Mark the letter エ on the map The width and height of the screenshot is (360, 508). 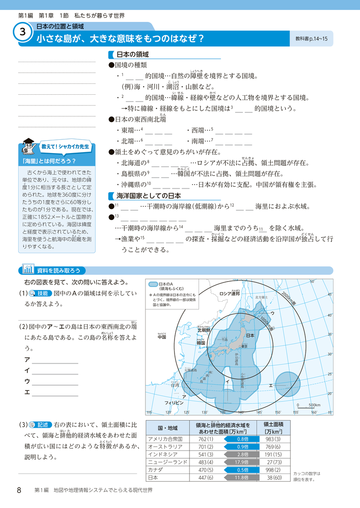pyautogui.click(x=270, y=385)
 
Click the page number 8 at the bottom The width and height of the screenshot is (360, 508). pyautogui.click(x=19, y=490)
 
